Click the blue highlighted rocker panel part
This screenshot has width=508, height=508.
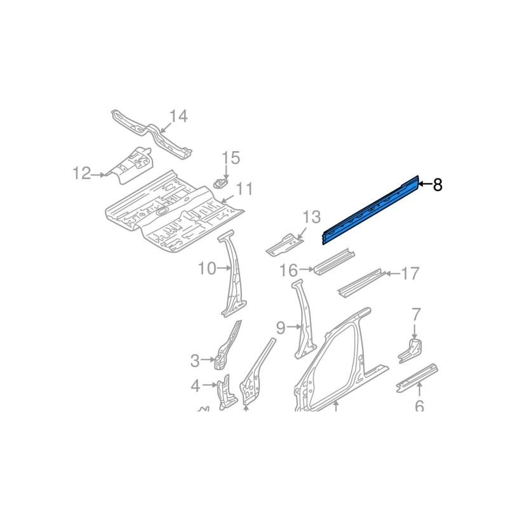point(371,210)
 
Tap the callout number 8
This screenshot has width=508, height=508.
point(438,185)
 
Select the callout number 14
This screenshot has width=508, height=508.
point(178,116)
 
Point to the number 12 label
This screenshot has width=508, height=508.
point(81,173)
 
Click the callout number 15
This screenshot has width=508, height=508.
point(231,157)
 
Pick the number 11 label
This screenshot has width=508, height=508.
point(244,189)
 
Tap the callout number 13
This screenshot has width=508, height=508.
point(312,217)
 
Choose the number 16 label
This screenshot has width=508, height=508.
point(288,271)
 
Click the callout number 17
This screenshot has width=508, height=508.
point(410,274)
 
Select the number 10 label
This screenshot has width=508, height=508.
point(207,268)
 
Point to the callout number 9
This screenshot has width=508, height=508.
point(281,328)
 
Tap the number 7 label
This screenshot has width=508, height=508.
point(416,314)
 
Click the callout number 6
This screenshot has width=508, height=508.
point(419,406)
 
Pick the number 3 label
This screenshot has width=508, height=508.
point(195,361)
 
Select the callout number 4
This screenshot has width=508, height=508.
point(196,386)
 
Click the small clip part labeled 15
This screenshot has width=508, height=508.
point(220,184)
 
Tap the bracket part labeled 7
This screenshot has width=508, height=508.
point(410,351)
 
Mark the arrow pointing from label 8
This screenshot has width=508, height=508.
point(425,184)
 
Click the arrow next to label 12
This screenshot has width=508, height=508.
point(98,175)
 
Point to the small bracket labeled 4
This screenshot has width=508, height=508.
point(228,392)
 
